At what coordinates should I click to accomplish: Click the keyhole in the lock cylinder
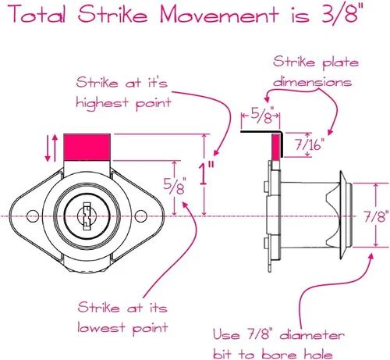click(87, 216)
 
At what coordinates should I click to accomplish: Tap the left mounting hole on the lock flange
click(33, 216)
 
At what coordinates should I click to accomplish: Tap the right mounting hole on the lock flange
click(140, 216)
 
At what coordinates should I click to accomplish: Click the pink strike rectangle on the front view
click(87, 147)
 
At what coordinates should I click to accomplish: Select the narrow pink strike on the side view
click(276, 146)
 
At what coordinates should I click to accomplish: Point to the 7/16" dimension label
click(310, 144)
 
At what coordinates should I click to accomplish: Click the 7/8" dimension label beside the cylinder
click(376, 216)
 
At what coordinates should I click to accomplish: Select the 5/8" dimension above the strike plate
click(262, 115)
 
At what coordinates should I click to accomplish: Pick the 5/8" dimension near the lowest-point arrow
click(175, 186)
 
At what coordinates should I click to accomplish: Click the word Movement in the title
click(219, 14)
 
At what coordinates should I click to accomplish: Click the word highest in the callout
click(102, 103)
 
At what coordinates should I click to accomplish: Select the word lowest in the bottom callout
click(101, 327)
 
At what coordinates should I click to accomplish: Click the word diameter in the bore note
click(312, 334)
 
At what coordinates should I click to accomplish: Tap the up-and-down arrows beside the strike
click(51, 148)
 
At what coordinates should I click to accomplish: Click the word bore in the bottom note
click(279, 355)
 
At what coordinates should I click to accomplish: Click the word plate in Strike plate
click(341, 63)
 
